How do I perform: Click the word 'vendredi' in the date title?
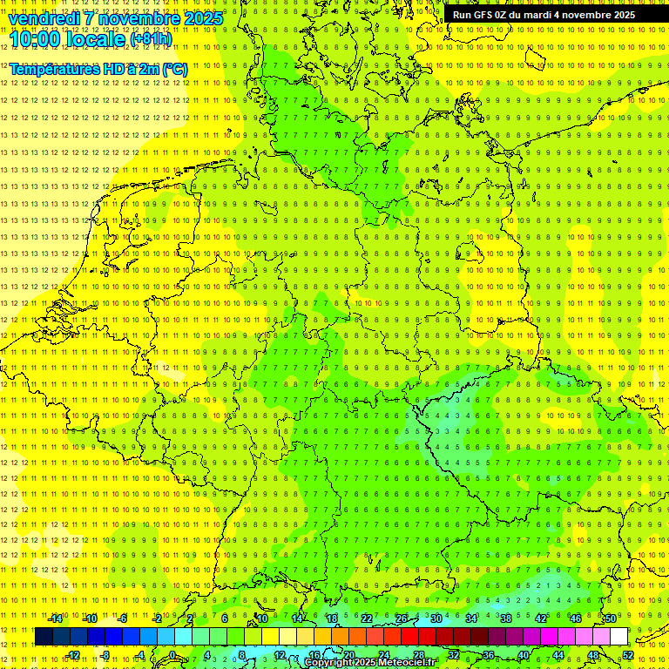[x=45, y=18]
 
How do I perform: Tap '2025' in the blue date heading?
[x=202, y=18]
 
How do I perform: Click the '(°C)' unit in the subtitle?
[x=173, y=69]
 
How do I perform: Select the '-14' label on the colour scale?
[x=56, y=618]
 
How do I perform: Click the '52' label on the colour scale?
[x=628, y=655]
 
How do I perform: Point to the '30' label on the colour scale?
[x=436, y=618]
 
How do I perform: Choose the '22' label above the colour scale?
[x=367, y=618]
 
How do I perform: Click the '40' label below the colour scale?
[x=523, y=655]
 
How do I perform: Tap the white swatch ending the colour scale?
[x=618, y=636]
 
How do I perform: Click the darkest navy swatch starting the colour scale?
[x=44, y=636]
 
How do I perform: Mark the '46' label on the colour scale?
[x=575, y=618]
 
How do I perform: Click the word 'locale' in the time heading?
[x=97, y=40]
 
